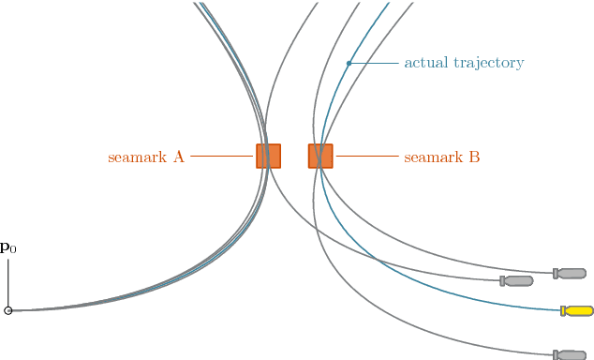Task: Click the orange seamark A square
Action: [268, 156]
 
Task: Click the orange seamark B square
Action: [320, 156]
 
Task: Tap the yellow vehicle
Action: [578, 310]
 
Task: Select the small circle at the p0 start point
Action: [8, 310]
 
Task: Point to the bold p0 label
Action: [7, 248]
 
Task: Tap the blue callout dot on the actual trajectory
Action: [349, 64]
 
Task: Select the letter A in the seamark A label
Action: [178, 157]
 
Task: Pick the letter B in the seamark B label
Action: [474, 157]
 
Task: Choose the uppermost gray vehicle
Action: [571, 273]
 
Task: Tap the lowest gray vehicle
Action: [571, 355]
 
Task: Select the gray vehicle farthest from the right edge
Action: [517, 280]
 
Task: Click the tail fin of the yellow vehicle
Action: [563, 310]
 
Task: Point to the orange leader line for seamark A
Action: [223, 157]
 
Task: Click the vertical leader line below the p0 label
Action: [8, 281]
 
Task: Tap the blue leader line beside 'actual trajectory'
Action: [374, 64]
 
